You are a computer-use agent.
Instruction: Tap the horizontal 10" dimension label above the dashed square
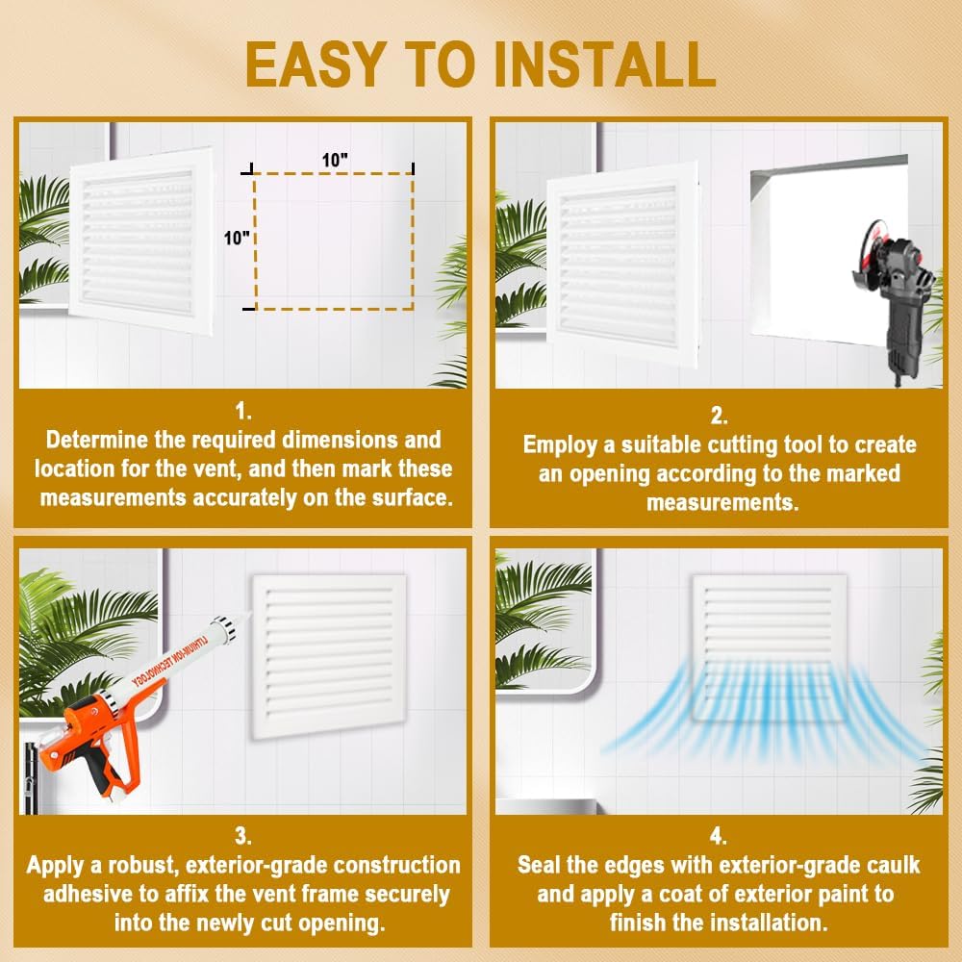pyautogui.click(x=335, y=160)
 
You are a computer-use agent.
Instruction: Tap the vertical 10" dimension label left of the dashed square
pyautogui.click(x=237, y=239)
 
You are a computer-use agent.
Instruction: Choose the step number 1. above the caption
pyautogui.click(x=243, y=413)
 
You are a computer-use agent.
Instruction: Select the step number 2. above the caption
pyautogui.click(x=719, y=416)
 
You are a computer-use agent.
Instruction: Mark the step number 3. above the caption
pyautogui.click(x=243, y=836)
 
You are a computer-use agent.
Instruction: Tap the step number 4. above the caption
pyautogui.click(x=719, y=836)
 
